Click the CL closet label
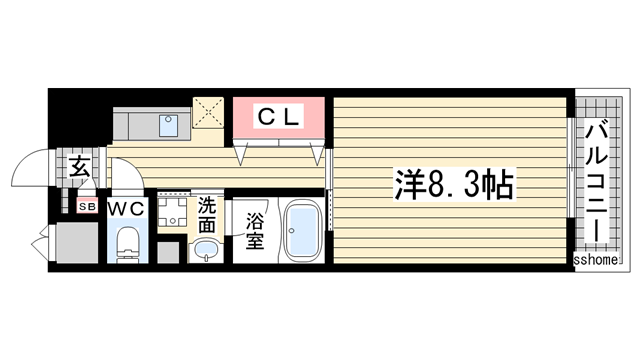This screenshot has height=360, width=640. [279, 117]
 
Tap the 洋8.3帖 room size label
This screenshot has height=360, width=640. [454, 184]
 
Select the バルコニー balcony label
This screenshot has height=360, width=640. [596, 183]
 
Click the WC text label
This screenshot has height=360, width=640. [127, 209]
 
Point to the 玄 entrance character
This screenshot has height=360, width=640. [79, 167]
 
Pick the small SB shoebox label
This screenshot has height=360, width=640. [88, 207]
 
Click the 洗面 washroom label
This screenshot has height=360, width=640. [207, 216]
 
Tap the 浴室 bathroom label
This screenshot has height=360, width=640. [255, 231]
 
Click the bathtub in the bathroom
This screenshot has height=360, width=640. [302, 231]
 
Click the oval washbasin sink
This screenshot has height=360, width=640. [206, 249]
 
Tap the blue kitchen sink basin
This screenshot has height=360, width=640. [168, 126]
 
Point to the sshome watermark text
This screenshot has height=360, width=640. [596, 260]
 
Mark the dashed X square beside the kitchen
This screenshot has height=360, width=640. [208, 113]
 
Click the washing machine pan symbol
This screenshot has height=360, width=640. [172, 212]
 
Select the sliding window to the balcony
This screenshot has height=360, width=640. [571, 168]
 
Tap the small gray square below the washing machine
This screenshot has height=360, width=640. [168, 252]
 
